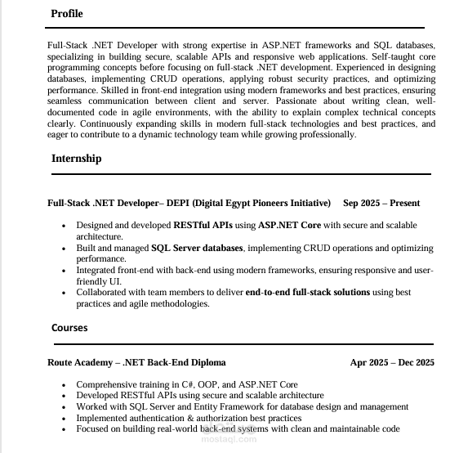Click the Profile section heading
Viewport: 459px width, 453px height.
coord(66,14)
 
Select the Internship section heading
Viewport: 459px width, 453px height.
coord(76,159)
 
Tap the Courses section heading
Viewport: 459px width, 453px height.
coord(69,328)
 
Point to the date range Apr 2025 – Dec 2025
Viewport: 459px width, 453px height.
coord(392,362)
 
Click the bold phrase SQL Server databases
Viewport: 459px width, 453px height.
coord(197,248)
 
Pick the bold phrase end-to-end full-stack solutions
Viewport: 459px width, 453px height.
coord(307,292)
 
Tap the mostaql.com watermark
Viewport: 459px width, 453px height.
coord(229,437)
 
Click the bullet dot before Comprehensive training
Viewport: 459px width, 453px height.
coord(64,384)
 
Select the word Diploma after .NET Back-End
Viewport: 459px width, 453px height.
coord(207,362)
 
